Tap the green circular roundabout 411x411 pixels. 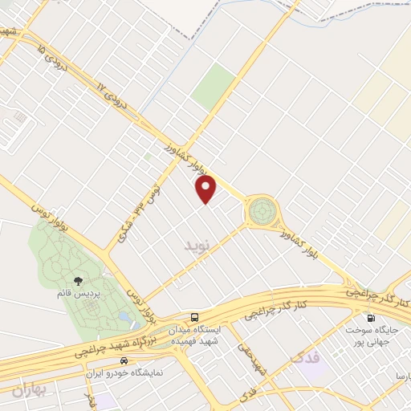[261, 212]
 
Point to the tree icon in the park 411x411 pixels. [79, 281]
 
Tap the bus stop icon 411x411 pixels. [195, 317]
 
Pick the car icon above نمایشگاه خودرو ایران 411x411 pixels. [123, 362]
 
